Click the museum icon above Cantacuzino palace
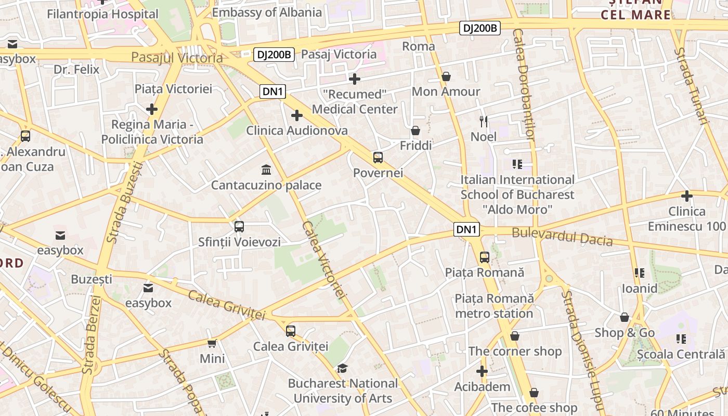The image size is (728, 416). (x=267, y=170)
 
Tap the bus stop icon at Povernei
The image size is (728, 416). (x=378, y=157)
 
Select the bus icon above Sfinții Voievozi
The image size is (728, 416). (x=239, y=227)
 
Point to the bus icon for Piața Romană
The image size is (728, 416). (x=484, y=257)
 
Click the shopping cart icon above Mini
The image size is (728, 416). (x=212, y=343)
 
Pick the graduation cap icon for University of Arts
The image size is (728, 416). (x=342, y=368)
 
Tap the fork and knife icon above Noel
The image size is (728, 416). (x=484, y=122)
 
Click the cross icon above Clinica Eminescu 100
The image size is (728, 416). (x=687, y=196)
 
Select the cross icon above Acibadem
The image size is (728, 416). (x=482, y=371)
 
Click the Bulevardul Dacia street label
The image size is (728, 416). (x=562, y=237)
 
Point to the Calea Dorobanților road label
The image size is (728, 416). (x=524, y=84)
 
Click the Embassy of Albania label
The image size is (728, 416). (x=267, y=12)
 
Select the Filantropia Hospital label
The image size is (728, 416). (x=102, y=14)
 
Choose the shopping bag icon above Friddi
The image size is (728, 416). (x=415, y=131)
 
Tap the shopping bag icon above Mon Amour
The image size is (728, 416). (x=446, y=76)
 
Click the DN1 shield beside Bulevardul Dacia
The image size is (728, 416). (x=466, y=229)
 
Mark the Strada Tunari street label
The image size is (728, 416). (x=692, y=86)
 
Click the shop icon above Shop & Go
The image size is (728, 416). (x=625, y=317)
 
